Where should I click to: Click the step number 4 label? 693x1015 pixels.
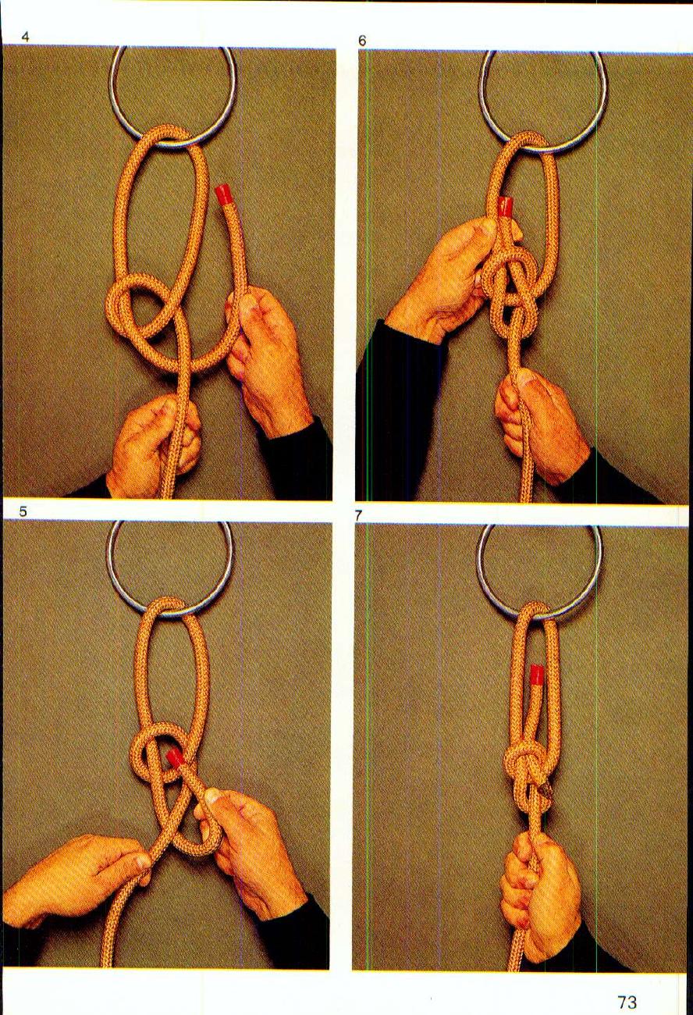25,36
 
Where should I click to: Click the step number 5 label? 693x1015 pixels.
23,512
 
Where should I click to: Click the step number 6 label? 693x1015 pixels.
362,41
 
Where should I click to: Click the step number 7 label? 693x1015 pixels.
358,515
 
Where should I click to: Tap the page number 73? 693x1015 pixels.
627,1002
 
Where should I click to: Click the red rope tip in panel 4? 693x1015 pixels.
225,194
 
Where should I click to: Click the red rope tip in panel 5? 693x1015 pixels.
176,757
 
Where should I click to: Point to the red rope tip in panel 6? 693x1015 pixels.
506,207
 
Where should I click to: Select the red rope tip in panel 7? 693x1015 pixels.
537,675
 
